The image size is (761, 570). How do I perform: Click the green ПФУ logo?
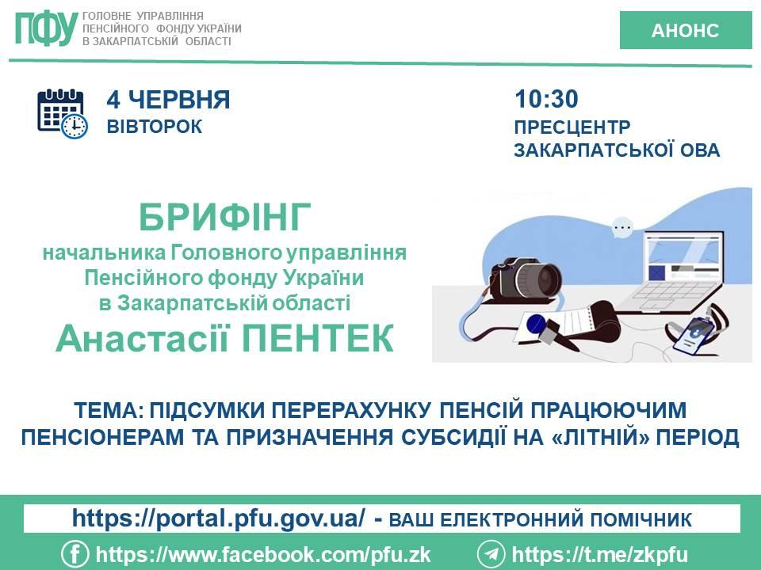coord(47,28)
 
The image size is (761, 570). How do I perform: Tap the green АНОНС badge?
coord(685,30)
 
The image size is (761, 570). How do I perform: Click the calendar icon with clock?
coord(63,114)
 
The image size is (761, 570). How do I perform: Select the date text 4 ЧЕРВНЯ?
coord(168,100)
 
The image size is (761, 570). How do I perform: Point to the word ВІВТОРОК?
coord(155,127)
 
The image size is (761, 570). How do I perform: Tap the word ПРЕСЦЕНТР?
coord(572,127)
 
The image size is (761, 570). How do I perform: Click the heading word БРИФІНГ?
coord(224,218)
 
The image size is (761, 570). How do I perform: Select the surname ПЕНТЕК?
coord(317,338)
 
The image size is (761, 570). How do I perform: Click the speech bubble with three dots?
coord(622,227)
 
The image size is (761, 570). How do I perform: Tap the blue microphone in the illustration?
coord(536,324)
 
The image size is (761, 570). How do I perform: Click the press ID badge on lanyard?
coord(695,335)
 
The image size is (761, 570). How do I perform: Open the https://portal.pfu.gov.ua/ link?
coord(219,518)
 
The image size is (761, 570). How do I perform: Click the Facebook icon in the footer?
coord(75,554)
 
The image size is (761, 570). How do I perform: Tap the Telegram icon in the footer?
coord(491,554)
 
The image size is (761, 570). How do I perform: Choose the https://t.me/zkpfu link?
coord(600,554)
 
